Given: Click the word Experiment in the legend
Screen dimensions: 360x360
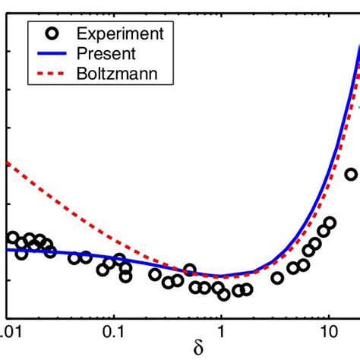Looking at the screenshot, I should (x=112, y=34).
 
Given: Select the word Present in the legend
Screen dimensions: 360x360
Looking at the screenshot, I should (x=106, y=54).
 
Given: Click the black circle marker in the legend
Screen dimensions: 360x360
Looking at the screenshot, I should (x=49, y=34).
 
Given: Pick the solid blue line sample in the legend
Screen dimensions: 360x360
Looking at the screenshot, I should (x=49, y=54).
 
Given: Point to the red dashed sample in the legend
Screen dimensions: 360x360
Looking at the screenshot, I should (x=49, y=74).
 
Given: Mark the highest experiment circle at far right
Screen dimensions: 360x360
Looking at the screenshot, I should (x=351, y=175).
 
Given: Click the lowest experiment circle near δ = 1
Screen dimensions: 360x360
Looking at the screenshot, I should (x=224, y=295).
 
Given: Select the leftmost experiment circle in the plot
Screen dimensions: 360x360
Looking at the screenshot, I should (x=12, y=238).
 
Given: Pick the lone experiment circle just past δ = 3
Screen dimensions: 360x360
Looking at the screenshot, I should (x=277, y=278).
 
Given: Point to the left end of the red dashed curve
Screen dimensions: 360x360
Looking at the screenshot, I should (x=6, y=163).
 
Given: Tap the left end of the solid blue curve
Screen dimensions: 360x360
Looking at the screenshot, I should (x=6, y=249).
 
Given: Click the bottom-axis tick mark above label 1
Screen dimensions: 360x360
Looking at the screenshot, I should (x=221, y=315).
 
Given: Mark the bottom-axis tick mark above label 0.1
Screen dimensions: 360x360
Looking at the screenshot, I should (x=113, y=315).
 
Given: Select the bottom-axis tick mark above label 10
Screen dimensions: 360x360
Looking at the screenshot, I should (x=328, y=315).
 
